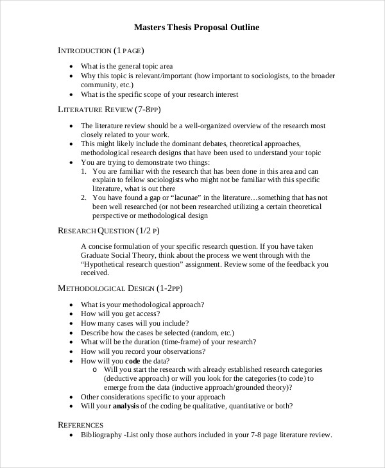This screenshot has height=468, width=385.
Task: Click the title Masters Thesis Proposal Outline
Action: tap(196, 28)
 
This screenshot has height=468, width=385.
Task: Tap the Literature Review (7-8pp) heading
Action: tap(110, 110)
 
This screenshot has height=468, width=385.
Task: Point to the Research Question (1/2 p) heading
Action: tap(108, 230)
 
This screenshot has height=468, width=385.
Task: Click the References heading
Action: tap(81, 424)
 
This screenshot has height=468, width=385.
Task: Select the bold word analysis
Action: tap(128, 406)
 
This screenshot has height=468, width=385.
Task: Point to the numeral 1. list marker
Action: tap(85, 171)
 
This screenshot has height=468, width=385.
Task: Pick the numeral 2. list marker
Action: tap(85, 197)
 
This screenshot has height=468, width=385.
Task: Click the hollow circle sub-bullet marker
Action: tap(96, 370)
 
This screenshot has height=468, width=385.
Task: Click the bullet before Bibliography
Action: tap(71, 435)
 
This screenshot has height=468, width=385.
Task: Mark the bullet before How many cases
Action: tap(71, 324)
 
